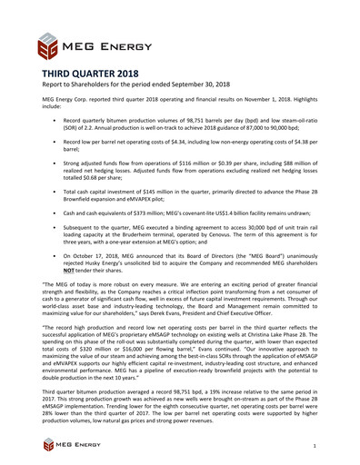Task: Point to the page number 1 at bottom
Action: pos(314,447)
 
